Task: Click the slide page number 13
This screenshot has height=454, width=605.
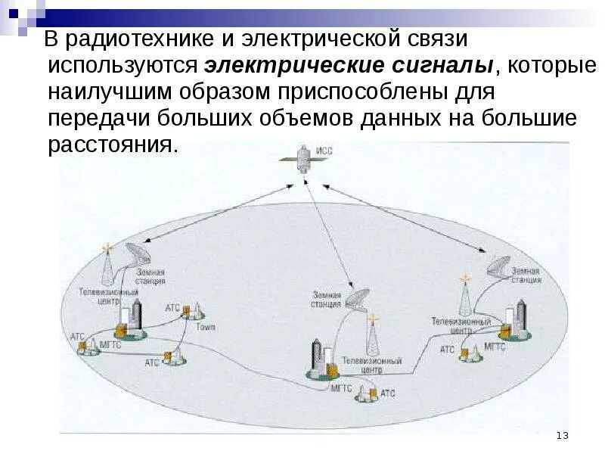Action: (561, 435)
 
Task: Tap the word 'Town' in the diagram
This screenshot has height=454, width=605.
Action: (206, 328)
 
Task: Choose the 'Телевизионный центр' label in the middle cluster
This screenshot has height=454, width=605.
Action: (371, 366)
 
